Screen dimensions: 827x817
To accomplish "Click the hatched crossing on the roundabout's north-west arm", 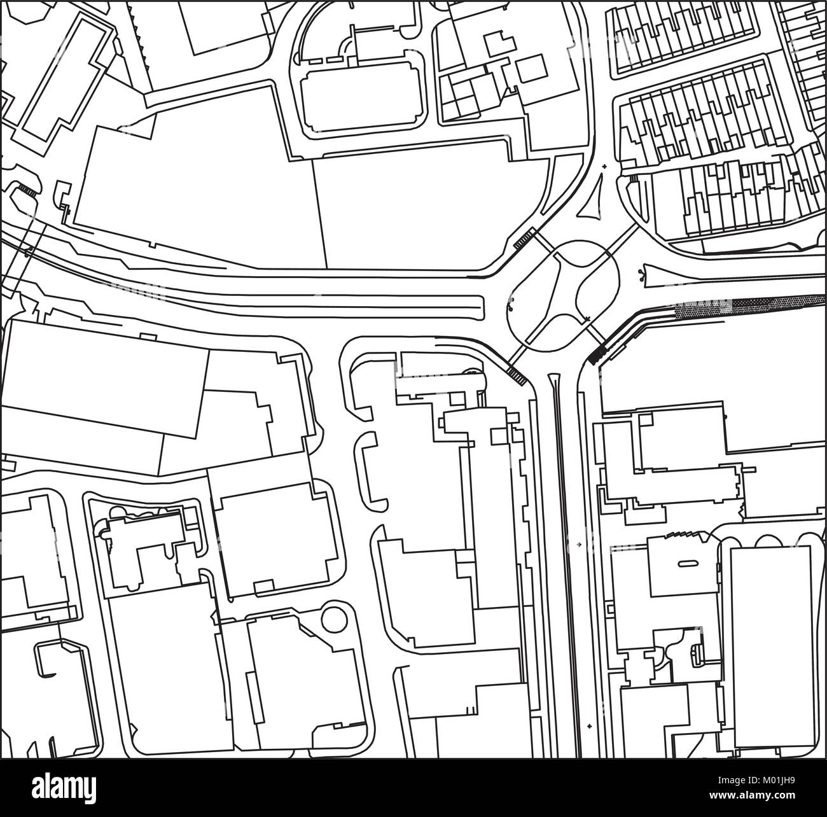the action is [523, 239].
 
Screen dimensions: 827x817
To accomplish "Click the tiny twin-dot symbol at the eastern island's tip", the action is [641, 274].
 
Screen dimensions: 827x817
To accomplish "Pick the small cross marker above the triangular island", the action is [604, 167].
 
